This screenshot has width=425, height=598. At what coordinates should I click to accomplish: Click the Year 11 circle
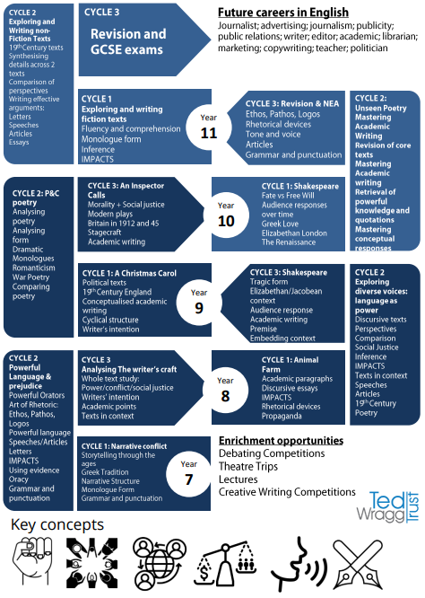click(x=209, y=127)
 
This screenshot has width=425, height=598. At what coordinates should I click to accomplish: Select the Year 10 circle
click(x=226, y=215)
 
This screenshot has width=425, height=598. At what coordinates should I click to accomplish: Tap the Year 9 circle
click(x=199, y=303)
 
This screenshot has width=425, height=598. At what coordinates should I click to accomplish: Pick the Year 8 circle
click(x=225, y=390)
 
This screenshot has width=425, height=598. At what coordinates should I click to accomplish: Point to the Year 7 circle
click(x=189, y=474)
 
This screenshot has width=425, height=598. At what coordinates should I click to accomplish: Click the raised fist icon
click(x=32, y=561)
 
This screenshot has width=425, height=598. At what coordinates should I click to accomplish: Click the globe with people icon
click(x=159, y=562)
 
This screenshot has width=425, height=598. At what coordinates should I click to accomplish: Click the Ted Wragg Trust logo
click(x=388, y=507)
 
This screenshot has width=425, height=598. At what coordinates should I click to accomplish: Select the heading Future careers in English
click(x=283, y=13)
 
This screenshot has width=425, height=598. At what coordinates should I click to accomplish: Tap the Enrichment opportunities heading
click(x=281, y=441)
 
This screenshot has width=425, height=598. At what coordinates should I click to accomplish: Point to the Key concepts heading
click(x=57, y=524)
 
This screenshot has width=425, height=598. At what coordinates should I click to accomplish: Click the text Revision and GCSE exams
click(x=128, y=41)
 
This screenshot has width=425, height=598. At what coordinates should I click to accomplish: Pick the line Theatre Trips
click(x=247, y=466)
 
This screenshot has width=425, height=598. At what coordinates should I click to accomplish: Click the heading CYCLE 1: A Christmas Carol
click(x=129, y=273)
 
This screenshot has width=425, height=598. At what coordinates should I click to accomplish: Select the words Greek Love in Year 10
click(x=280, y=224)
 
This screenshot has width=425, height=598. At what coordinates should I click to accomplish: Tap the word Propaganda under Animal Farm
click(x=282, y=416)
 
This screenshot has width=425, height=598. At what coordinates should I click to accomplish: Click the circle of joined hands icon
click(x=92, y=562)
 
